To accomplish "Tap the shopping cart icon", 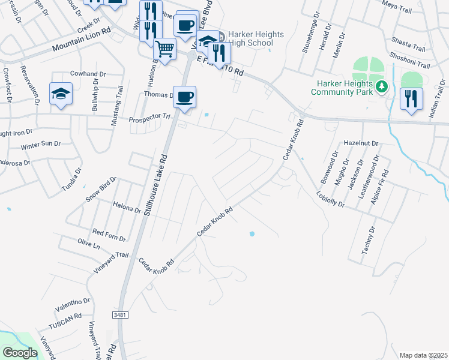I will pos(164,49).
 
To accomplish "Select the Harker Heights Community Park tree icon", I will pos(381,88).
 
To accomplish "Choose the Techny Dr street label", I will pos(368,241).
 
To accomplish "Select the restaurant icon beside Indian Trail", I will pos(411,98).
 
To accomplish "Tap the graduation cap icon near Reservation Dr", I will pos(61,94).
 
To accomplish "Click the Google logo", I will pos(19,353).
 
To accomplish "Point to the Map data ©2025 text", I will pos(423,355).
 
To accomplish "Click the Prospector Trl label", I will pos(149,119).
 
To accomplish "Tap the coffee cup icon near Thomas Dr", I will pos(185,97).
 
